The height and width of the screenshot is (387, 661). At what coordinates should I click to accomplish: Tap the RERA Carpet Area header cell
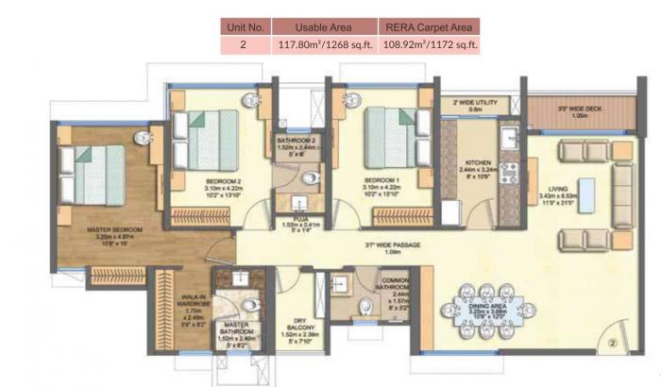(x=432, y=25)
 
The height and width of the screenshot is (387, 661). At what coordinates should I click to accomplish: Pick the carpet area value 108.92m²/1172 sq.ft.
(x=432, y=43)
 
